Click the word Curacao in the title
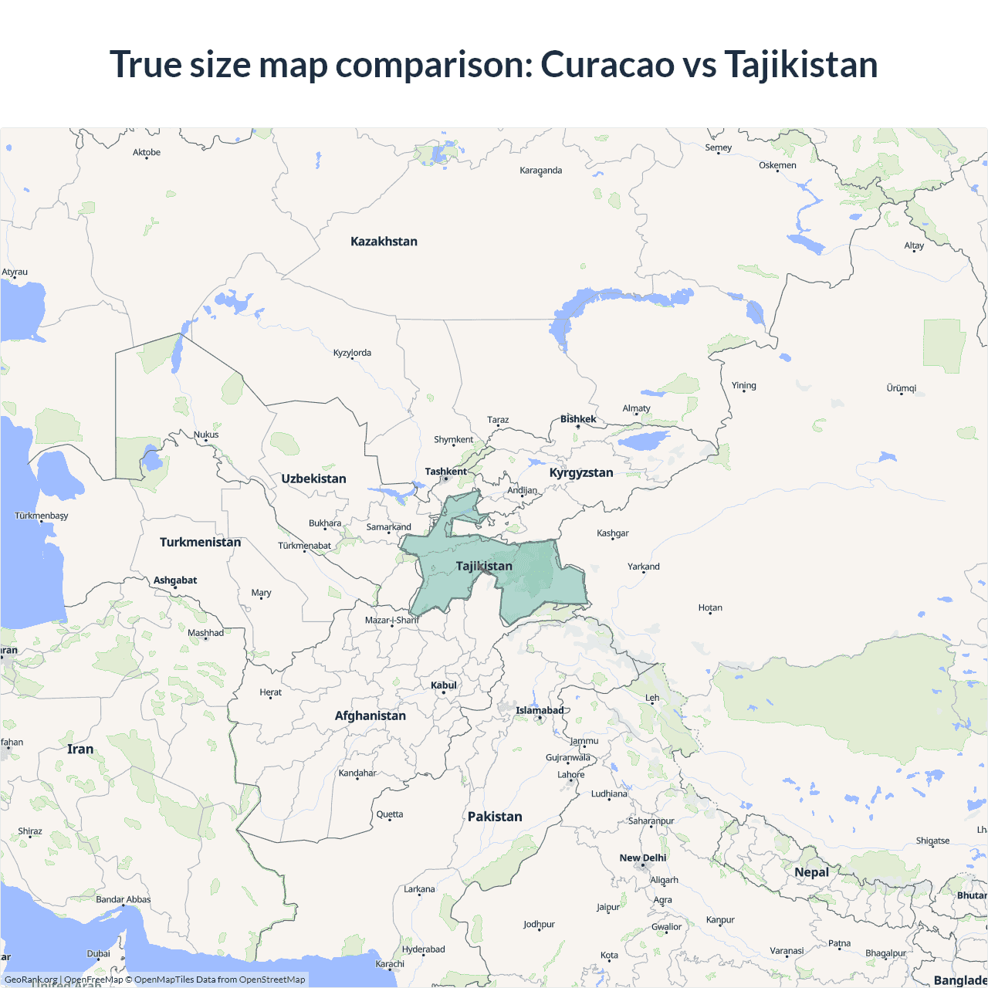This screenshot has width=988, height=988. (x=607, y=64)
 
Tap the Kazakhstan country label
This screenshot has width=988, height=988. (x=384, y=242)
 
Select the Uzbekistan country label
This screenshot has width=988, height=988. (x=313, y=479)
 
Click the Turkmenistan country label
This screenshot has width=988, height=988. (x=200, y=542)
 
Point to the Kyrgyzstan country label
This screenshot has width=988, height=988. (x=581, y=472)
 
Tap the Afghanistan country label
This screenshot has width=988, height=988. (x=370, y=716)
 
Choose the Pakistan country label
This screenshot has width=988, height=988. (x=495, y=817)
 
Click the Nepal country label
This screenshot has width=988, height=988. (x=811, y=872)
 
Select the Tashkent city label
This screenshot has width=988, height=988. (x=445, y=472)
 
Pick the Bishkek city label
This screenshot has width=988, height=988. (x=578, y=419)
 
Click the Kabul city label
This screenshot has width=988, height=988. (x=444, y=685)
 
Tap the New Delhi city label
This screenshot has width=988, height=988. (x=642, y=858)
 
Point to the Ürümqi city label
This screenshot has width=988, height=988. (x=902, y=388)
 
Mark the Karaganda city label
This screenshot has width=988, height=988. (x=541, y=171)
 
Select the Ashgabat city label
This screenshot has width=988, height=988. (x=175, y=580)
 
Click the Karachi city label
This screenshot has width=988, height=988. (x=390, y=963)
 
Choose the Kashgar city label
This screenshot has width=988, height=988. (x=613, y=533)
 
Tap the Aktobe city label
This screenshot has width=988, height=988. (x=147, y=152)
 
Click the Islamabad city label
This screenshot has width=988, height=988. (x=540, y=710)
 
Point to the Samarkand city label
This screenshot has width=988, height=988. (x=388, y=527)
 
